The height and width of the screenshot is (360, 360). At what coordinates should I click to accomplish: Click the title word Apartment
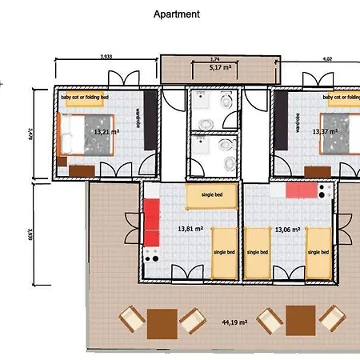coord(176,14)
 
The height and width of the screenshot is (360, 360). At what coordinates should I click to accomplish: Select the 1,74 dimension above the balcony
coord(215,60)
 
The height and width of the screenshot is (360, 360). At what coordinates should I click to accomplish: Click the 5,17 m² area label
coord(215,69)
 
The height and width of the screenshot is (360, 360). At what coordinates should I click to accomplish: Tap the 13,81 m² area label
coord(190,229)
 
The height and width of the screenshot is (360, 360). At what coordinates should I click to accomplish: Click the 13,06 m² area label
coord(287,229)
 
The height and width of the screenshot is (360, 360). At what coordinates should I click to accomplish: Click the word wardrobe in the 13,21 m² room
coord(138,120)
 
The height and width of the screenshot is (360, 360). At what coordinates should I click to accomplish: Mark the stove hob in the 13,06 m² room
coord(325,191)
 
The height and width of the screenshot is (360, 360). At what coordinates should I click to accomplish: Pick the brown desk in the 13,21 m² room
coord(82,170)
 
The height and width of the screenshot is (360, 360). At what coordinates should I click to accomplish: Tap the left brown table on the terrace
coord(158,321)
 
